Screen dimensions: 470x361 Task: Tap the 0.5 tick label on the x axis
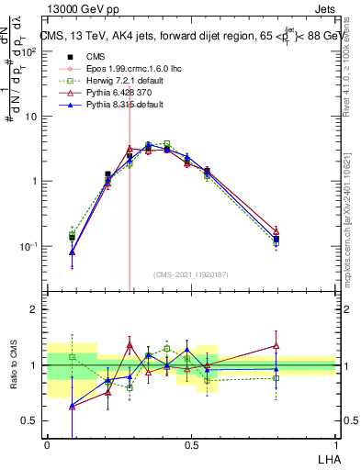click(x=191, y=445)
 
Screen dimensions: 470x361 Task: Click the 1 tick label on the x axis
click(x=335, y=445)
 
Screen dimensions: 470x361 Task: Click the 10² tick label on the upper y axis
click(x=28, y=52)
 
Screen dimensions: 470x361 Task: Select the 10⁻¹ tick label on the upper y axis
click(x=28, y=246)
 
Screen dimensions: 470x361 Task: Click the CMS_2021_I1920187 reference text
click(x=191, y=274)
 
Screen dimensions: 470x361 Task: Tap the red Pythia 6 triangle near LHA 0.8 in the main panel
click(x=276, y=231)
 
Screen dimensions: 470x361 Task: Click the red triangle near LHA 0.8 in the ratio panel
click(x=276, y=346)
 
